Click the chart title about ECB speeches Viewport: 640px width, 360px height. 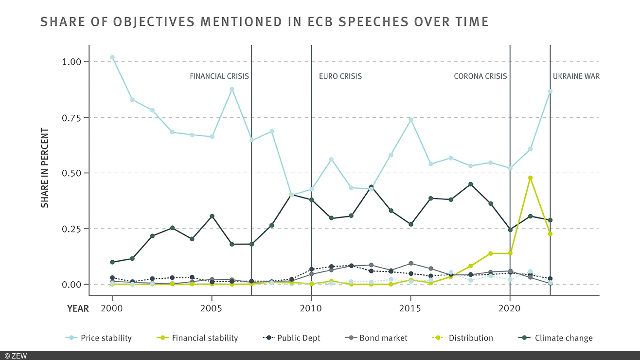click(265, 22)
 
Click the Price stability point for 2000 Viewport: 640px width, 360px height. click(112, 57)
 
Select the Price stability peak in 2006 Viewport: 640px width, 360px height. click(232, 90)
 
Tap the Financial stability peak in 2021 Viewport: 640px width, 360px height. click(530, 178)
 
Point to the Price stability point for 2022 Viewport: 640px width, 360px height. click(550, 91)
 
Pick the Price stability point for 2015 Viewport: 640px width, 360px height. click(411, 120)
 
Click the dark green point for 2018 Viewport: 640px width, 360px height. click(470, 184)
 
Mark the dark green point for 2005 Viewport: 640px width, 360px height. click(212, 216)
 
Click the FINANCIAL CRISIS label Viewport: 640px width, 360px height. click(219, 76)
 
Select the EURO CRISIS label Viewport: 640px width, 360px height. click(340, 76)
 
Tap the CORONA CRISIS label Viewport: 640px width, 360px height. click(480, 76)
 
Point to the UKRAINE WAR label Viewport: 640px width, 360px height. click(576, 76)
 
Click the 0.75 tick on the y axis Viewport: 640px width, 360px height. click(73, 117)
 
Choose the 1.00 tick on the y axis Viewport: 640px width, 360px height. click(73, 62)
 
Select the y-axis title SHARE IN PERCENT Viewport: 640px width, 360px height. click(45, 168)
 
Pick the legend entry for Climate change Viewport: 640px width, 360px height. click(563, 338)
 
